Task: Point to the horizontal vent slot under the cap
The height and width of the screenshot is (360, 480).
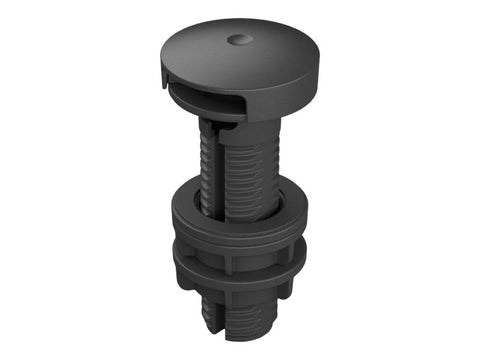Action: pyautogui.click(x=205, y=95)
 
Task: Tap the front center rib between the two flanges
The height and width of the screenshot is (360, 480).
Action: pyautogui.click(x=229, y=258)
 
